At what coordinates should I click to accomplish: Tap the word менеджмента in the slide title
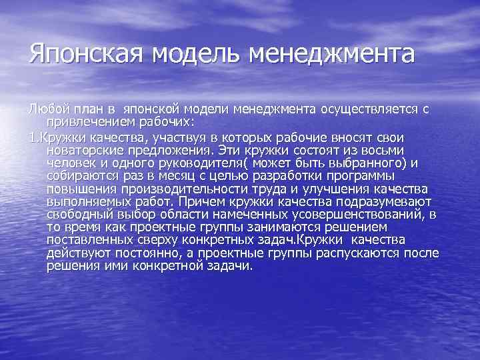[331, 53]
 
